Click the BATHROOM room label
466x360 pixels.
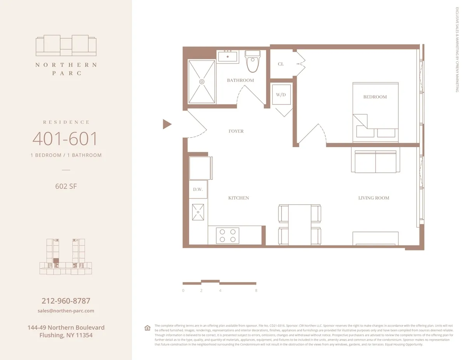(x=240, y=80)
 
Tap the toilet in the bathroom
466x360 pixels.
(x=253, y=62)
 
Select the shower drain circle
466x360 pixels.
(x=202, y=82)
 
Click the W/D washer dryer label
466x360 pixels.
(x=281, y=95)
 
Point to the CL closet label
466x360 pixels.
(x=281, y=64)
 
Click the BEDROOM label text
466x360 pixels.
(x=375, y=97)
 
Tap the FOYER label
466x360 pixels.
(x=236, y=131)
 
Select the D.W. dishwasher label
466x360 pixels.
(x=198, y=190)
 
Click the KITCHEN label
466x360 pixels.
(x=238, y=198)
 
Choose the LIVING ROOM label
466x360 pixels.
(x=374, y=198)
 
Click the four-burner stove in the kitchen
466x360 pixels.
(x=228, y=235)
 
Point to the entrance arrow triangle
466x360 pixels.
(x=167, y=124)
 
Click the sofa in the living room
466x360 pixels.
(x=375, y=162)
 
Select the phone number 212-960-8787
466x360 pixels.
(x=66, y=301)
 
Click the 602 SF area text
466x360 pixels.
(x=66, y=186)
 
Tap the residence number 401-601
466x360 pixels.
(x=65, y=139)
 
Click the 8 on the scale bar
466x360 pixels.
(x=256, y=290)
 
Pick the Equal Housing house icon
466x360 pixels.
(x=148, y=328)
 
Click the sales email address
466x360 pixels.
(x=66, y=311)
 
